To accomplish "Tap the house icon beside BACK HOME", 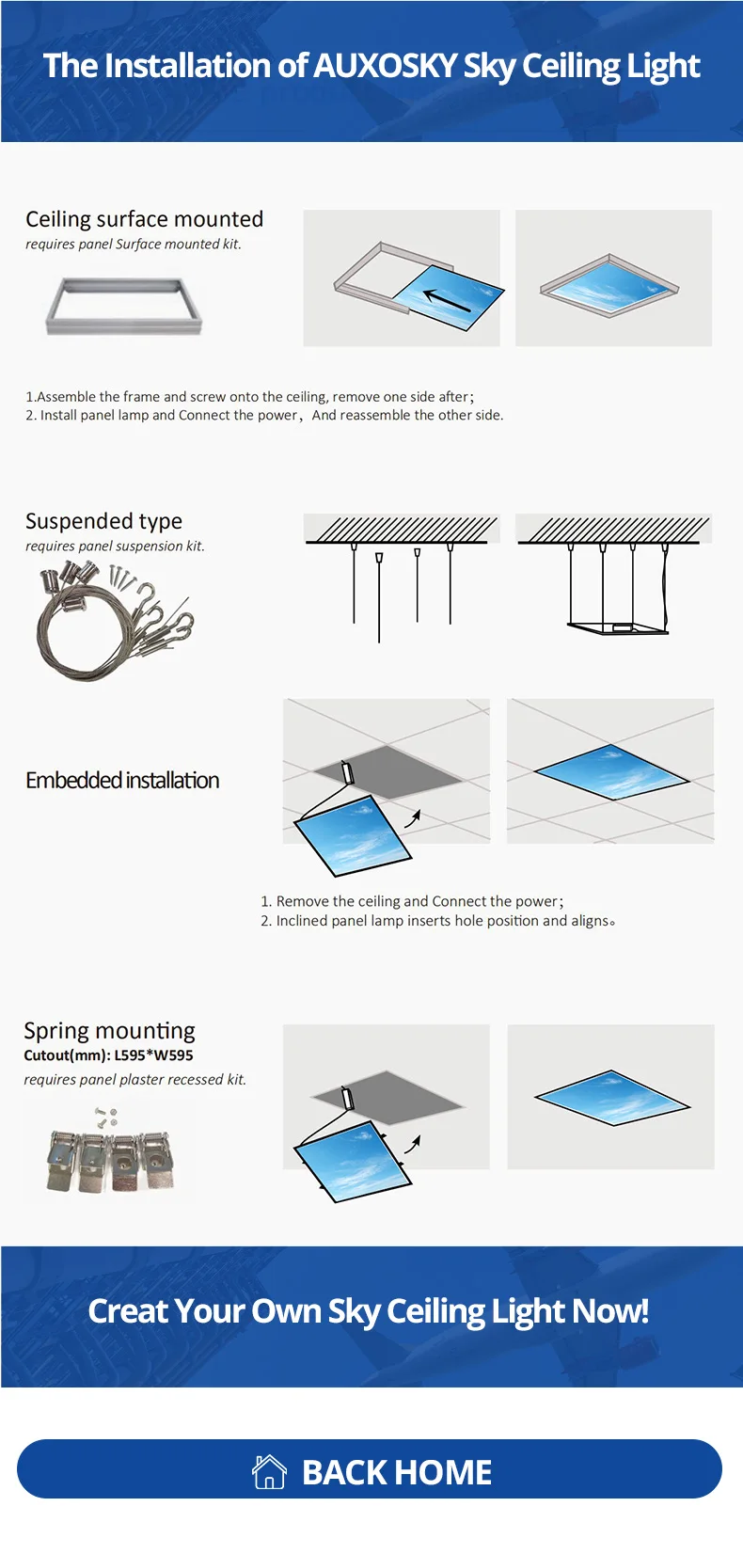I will pyautogui.click(x=269, y=1471).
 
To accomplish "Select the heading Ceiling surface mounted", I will pyautogui.click(x=144, y=219).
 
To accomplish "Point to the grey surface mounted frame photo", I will pyautogui.click(x=124, y=305).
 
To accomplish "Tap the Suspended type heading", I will pyautogui.click(x=103, y=521).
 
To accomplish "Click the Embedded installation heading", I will pyautogui.click(x=122, y=781).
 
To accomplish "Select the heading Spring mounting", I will pyautogui.click(x=109, y=1031).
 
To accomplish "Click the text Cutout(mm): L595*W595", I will pyautogui.click(x=108, y=1055).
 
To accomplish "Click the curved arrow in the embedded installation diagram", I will pyautogui.click(x=412, y=818).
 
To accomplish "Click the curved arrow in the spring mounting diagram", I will pyautogui.click(x=412, y=1143).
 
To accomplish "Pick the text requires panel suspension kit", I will pyautogui.click(x=115, y=547).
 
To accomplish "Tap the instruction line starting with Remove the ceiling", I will pyautogui.click(x=412, y=901).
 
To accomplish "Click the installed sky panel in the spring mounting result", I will pyautogui.click(x=611, y=1097).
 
